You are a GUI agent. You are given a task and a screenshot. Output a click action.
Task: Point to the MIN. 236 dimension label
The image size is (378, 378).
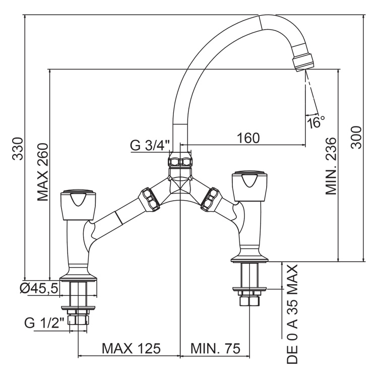[330, 165]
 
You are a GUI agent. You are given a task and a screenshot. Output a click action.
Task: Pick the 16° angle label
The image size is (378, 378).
[316, 122]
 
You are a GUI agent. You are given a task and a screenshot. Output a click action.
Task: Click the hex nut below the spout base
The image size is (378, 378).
[180, 162]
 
